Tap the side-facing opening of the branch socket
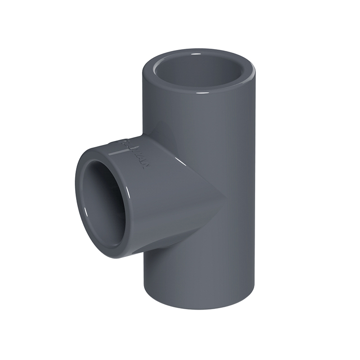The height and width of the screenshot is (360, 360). pos(101,198)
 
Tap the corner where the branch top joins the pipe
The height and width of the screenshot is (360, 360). pos(145,135)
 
